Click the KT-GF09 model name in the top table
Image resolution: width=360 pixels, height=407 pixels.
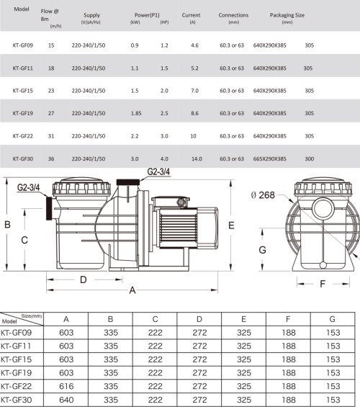click(x=23, y=45)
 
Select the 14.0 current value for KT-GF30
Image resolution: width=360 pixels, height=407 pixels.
click(x=197, y=159)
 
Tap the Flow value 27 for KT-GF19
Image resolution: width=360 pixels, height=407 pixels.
click(x=51, y=113)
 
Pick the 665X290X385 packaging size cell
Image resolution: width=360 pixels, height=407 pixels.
click(x=270, y=159)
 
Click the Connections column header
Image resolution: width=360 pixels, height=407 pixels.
click(x=233, y=15)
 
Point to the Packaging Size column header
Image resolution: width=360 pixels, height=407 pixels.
click(x=287, y=15)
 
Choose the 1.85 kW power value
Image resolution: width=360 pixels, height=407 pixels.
click(x=136, y=113)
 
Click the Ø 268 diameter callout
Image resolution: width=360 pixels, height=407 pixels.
click(x=263, y=195)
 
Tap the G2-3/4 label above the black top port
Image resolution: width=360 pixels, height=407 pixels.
click(x=158, y=171)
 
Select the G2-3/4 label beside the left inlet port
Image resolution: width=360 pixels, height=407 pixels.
click(x=28, y=187)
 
